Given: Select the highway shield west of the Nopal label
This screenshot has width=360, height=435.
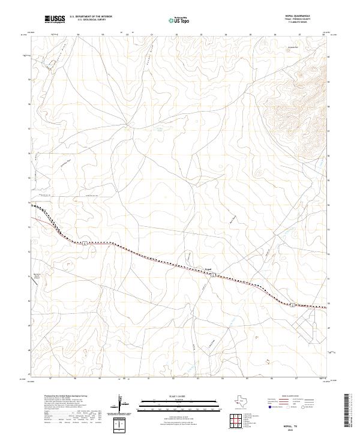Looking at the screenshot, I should [x=86, y=242].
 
